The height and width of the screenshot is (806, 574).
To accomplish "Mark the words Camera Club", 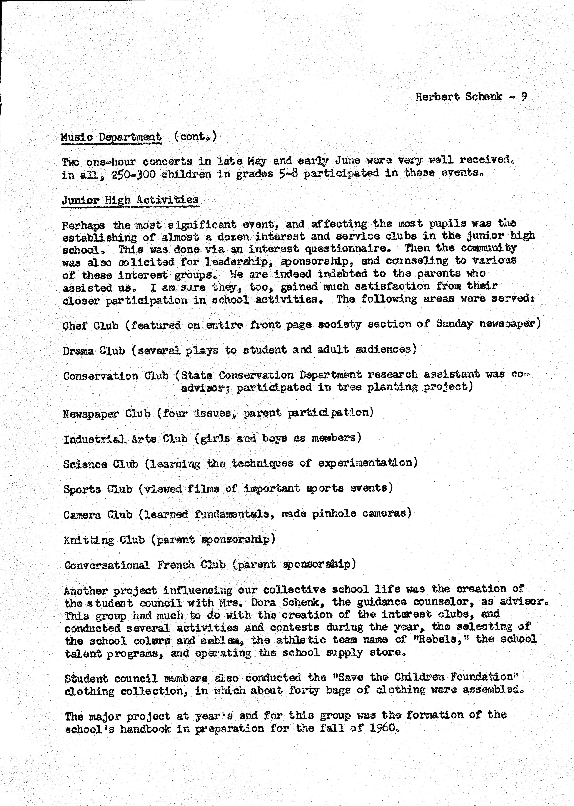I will [98, 514].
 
